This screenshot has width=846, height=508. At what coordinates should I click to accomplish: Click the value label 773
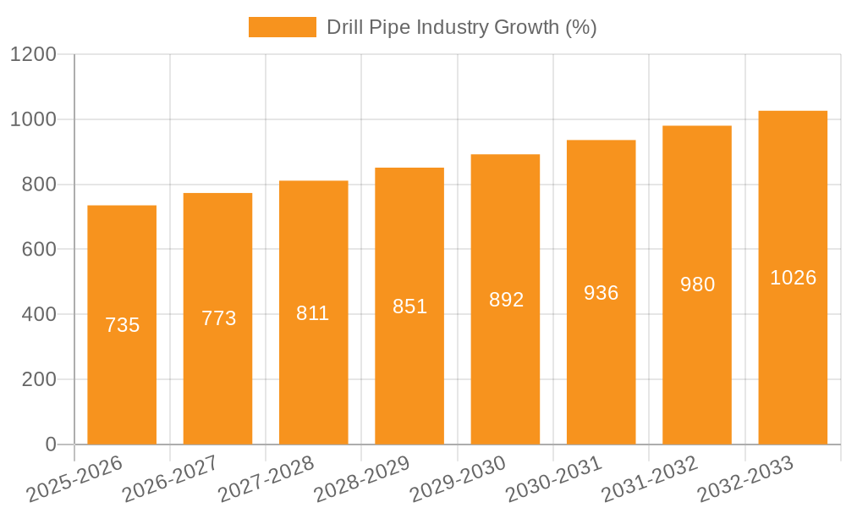coord(218,318)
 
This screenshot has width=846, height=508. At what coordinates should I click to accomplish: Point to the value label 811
coord(313,313)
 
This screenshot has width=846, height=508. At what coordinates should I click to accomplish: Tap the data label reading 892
coord(506,300)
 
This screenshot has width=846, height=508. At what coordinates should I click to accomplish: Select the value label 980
coord(697,284)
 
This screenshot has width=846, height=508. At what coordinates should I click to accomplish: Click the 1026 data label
coord(793,278)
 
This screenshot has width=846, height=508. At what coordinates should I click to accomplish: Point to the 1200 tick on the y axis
coord(33,55)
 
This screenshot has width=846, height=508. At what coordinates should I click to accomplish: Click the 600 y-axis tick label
coord(39,250)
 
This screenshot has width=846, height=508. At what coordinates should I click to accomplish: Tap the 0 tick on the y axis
coord(50,444)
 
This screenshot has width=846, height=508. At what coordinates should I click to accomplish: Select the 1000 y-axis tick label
coord(33,119)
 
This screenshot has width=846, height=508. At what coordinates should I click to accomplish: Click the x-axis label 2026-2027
coord(170,478)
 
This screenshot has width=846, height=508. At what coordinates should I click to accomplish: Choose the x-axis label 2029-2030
coord(458,478)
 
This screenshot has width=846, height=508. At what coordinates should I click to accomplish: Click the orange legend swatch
coord(282,27)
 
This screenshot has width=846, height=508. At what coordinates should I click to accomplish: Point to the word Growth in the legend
coord(527,27)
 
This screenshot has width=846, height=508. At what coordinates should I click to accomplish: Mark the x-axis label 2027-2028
coord(266,478)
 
